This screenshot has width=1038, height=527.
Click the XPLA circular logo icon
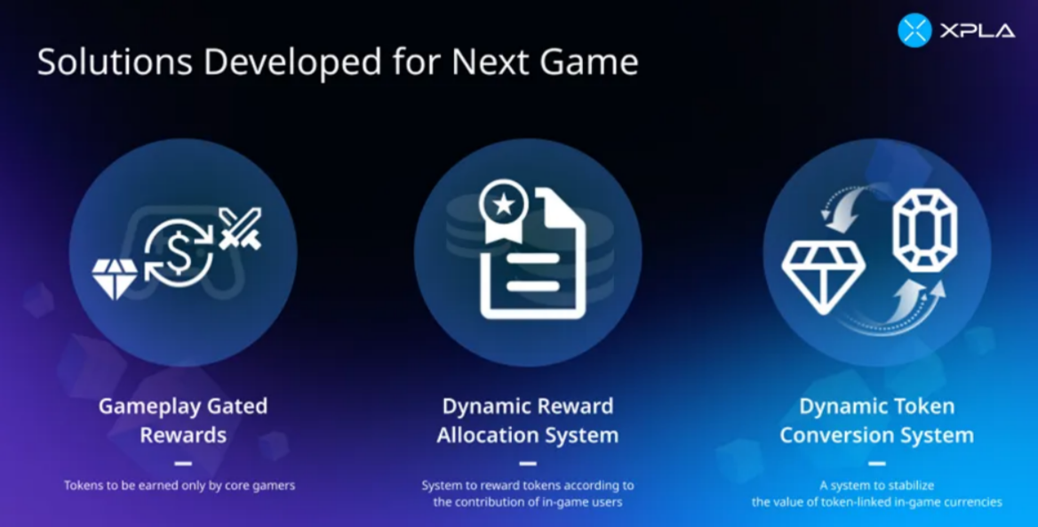pyautogui.click(x=914, y=30)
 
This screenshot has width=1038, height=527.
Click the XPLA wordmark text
pyautogui.click(x=977, y=30)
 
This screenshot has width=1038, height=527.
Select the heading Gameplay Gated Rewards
pyautogui.click(x=183, y=419)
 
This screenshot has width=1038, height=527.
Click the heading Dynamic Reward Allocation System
pyautogui.click(x=528, y=419)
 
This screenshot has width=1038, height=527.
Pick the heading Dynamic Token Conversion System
pyautogui.click(x=876, y=419)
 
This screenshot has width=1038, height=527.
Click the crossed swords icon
pyautogui.click(x=240, y=228)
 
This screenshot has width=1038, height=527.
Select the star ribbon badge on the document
pyautogui.click(x=504, y=211)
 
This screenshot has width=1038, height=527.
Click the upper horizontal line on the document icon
pyautogui.click(x=533, y=259)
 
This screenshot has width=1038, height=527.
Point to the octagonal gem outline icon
pyautogui.click(x=924, y=230)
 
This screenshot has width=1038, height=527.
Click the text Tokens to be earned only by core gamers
pyautogui.click(x=180, y=485)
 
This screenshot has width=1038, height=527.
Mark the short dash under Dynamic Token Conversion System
pyautogui.click(x=876, y=463)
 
